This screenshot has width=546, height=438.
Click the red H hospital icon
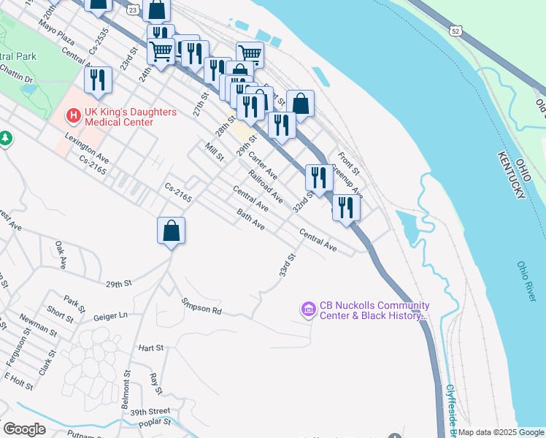point(73,115)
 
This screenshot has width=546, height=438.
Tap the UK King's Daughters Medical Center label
point(119,116)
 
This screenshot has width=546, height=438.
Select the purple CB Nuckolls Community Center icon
point(308,310)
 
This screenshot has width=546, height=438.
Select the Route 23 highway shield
point(131,9)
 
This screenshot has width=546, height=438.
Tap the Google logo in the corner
point(24,429)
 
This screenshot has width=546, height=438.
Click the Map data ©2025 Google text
point(501,432)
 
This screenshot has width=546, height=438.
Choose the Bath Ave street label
point(250,219)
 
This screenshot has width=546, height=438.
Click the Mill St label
point(214,153)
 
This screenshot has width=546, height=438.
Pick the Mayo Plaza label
point(58,33)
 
